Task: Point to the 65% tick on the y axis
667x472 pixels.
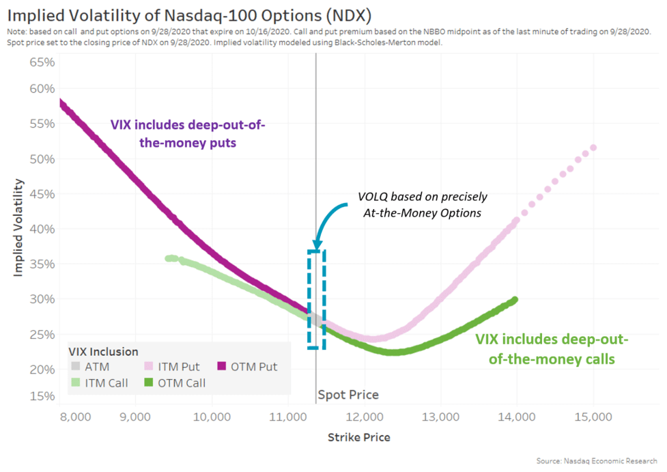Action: (42, 62)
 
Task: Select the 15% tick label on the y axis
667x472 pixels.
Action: (42, 397)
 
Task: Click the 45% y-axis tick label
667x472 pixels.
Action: (42, 193)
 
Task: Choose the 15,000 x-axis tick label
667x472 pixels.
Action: (592, 417)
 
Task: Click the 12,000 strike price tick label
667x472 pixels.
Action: (363, 417)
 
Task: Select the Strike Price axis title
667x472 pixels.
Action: (359, 437)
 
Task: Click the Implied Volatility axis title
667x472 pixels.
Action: (18, 227)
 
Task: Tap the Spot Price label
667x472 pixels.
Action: (348, 395)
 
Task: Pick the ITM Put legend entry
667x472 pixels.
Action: (173, 367)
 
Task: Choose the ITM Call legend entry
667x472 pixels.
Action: (101, 383)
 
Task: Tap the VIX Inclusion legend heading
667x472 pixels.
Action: (104, 352)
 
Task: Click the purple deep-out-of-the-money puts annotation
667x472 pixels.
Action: (188, 135)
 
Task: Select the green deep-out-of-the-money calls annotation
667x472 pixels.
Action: (552, 348)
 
